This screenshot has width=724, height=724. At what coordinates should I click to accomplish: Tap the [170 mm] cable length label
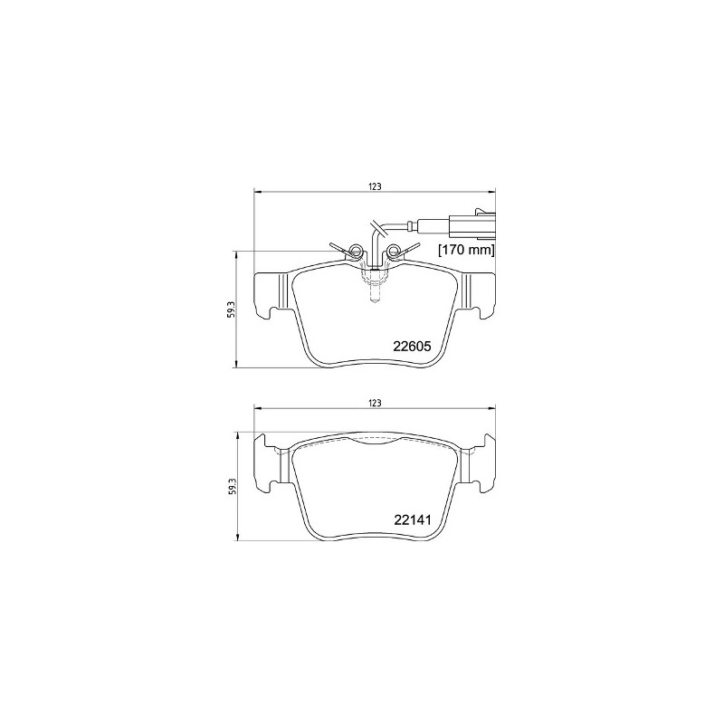(466, 249)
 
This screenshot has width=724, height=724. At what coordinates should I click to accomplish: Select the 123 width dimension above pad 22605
(375, 186)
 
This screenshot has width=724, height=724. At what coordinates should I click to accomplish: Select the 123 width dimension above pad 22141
(375, 402)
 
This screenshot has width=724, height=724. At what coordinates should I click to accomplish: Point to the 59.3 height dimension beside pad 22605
(232, 310)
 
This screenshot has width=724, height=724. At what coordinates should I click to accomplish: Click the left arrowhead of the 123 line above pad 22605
(256, 192)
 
